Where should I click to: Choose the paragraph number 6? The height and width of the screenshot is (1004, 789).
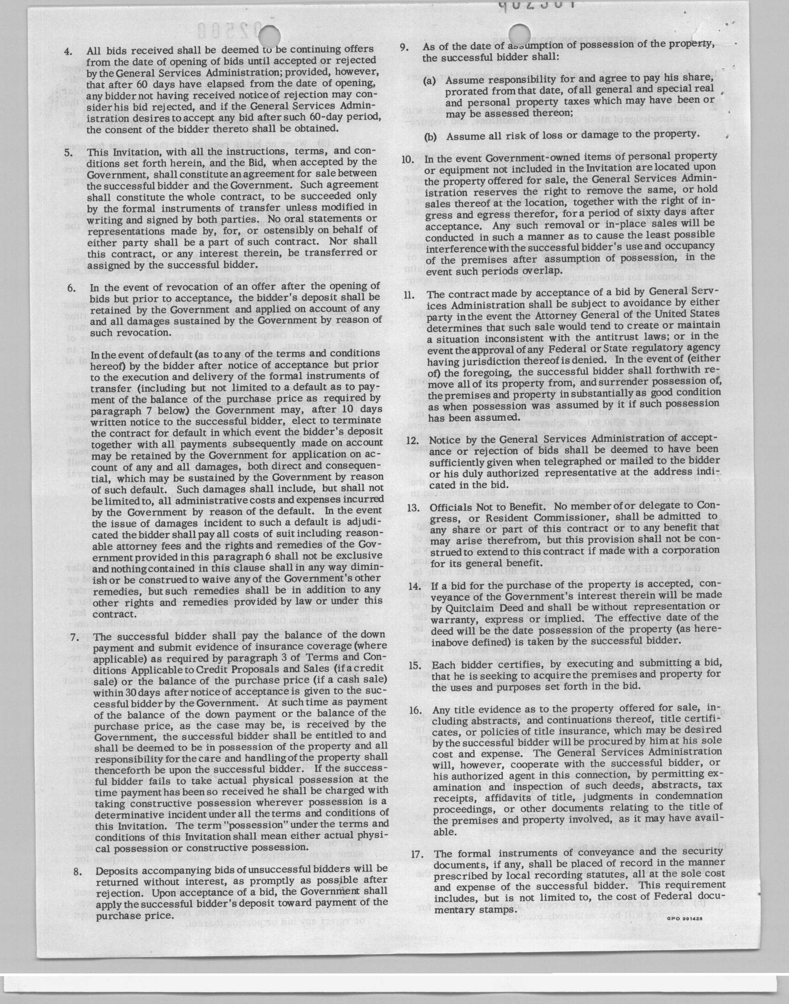point(71,288)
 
